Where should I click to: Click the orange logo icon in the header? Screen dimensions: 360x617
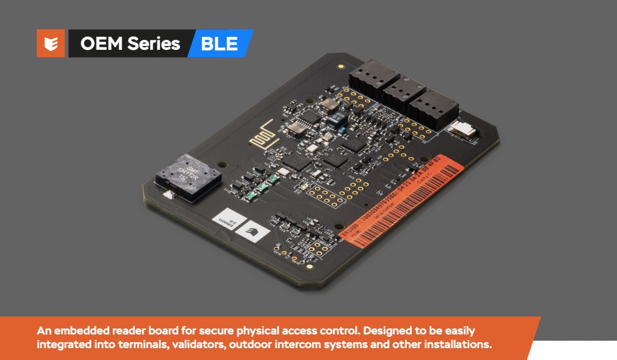click(50, 44)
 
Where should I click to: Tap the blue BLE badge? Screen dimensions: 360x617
click(220, 44)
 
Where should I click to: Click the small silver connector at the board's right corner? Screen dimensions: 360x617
click(462, 129)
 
